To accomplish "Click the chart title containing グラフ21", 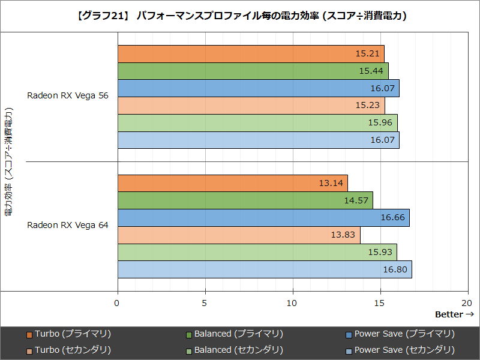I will coord(240,16).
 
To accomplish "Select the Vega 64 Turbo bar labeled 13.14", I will coord(232,184).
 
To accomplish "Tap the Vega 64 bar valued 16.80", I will coord(265,269).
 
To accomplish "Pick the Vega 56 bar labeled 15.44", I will coord(253,71).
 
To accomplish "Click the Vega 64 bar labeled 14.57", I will coord(245,200).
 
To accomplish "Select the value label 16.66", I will coord(392,218).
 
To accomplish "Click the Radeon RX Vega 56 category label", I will coord(68,96).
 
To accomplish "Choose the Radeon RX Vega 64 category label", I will coord(68,225).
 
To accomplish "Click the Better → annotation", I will coord(454,314).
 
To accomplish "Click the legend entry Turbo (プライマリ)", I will coord(73,334).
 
